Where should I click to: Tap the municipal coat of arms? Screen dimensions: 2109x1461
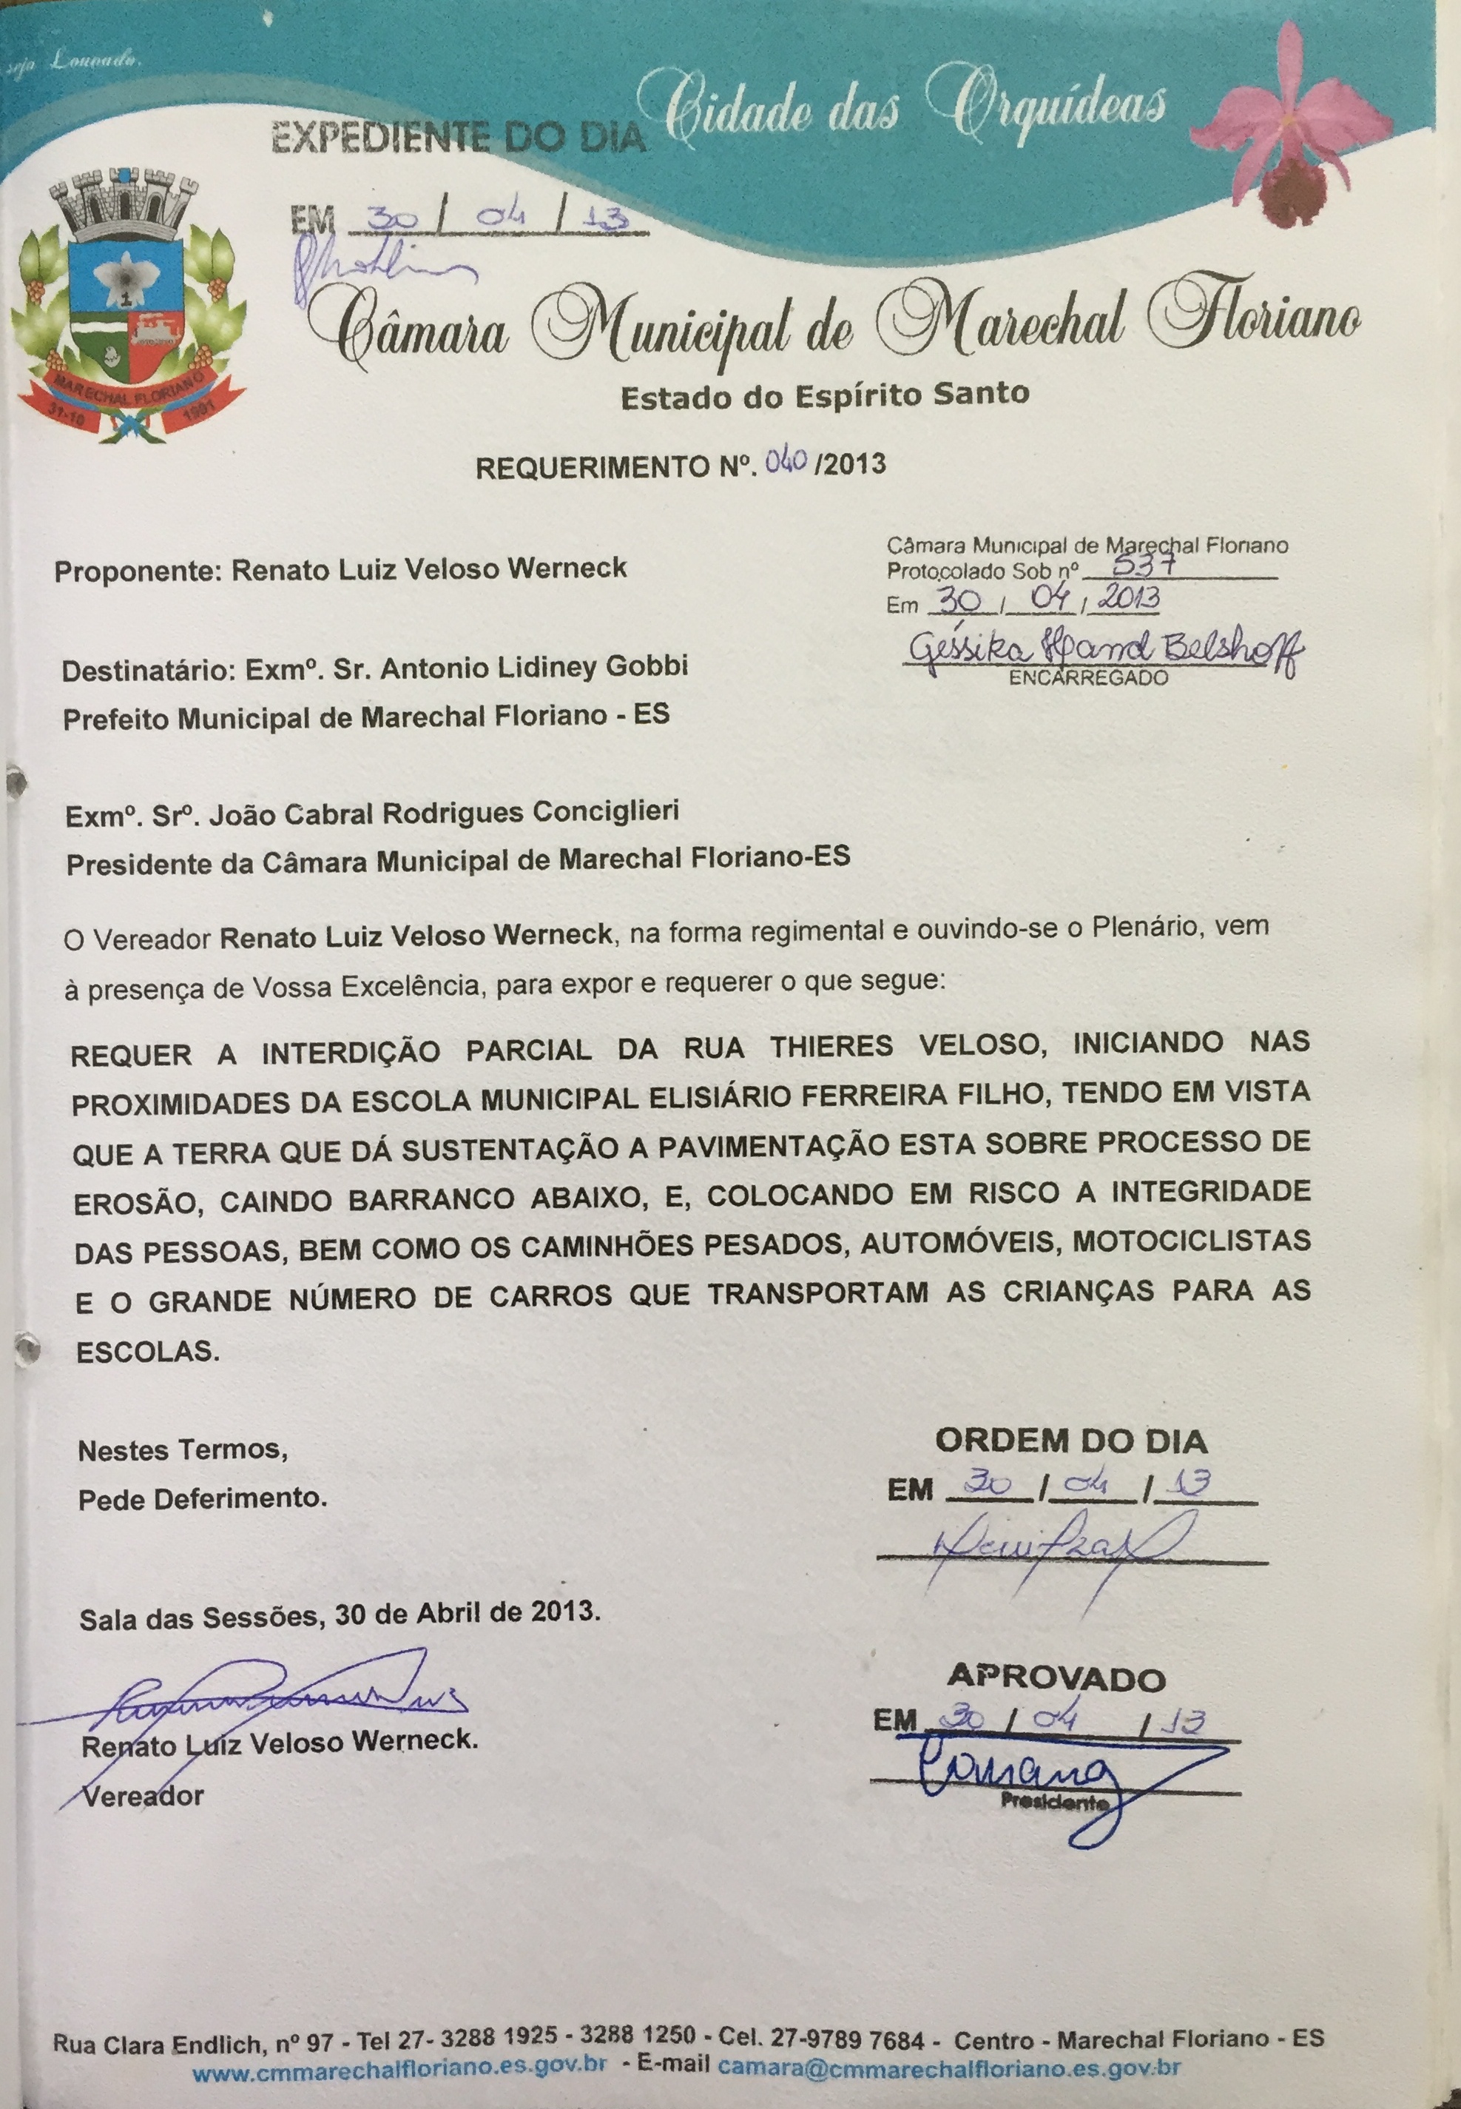(128, 306)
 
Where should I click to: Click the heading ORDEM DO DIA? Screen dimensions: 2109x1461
(1071, 1441)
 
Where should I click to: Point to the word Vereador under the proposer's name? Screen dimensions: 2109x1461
(143, 1796)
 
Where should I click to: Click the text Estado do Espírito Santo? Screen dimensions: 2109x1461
(824, 395)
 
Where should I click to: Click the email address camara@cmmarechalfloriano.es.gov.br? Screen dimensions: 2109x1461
(948, 2067)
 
